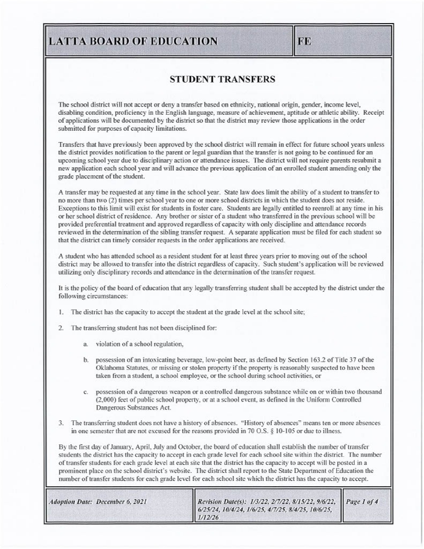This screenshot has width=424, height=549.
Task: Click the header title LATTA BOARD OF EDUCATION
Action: click(x=132, y=41)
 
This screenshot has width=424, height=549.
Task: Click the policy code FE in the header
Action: click(x=304, y=41)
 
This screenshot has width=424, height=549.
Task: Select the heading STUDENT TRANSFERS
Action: click(x=222, y=79)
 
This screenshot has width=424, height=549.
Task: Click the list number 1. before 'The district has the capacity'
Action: click(x=62, y=311)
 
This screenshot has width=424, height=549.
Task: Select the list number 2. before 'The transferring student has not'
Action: click(x=62, y=327)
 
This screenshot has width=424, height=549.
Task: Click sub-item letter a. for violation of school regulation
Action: click(x=86, y=343)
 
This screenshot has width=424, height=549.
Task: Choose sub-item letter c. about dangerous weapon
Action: click(x=86, y=392)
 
